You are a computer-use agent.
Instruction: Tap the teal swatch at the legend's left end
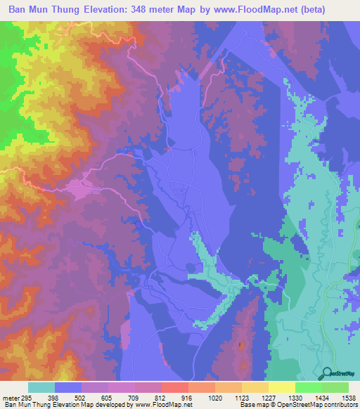pyautogui.click(x=41, y=387)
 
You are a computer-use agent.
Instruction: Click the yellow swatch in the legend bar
pyautogui.click(x=281, y=387)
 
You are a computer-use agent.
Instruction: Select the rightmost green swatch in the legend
pyautogui.click(x=335, y=387)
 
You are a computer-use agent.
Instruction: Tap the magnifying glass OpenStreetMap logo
pyautogui.click(x=328, y=373)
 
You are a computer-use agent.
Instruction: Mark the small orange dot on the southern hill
pyautogui.click(x=240, y=345)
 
